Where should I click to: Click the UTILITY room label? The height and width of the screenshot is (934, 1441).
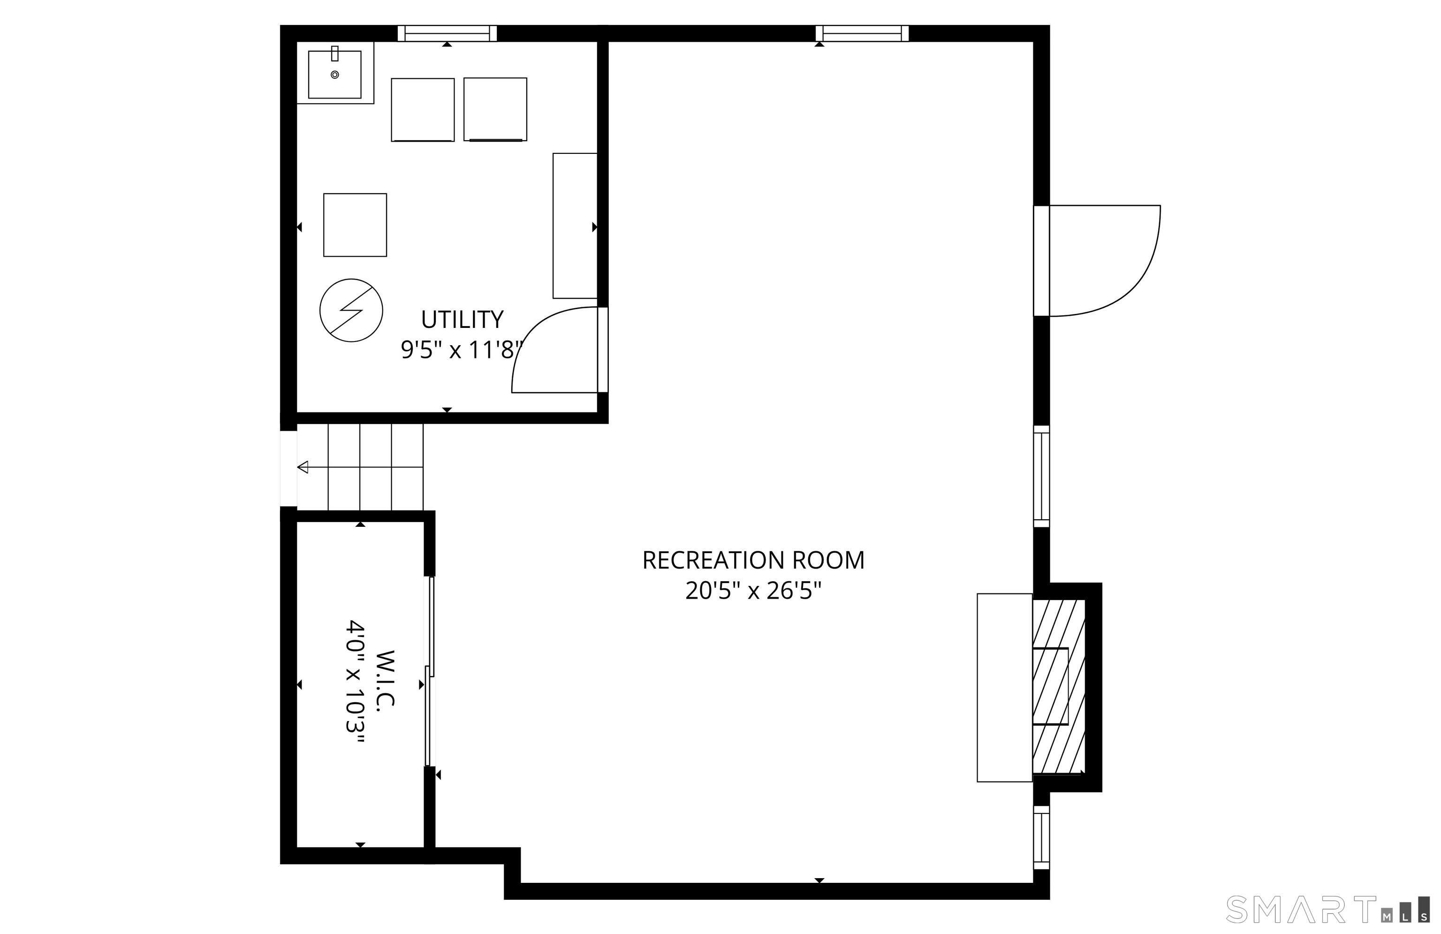462,319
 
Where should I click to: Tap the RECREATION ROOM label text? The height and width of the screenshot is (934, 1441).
753,561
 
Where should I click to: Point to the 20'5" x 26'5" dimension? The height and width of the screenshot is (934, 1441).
753,591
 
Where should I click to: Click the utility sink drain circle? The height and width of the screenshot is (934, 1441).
335,75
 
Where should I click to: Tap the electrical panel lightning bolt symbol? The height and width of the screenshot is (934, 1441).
351,310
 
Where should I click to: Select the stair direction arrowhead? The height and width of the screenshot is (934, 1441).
303,467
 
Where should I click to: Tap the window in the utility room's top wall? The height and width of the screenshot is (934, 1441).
447,33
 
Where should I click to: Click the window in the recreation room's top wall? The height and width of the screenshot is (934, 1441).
862,33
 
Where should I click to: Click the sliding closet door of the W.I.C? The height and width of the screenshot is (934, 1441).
430,671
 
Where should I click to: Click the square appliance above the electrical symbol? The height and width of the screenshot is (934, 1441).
355,225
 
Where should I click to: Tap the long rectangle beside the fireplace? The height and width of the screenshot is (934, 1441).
1004,688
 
